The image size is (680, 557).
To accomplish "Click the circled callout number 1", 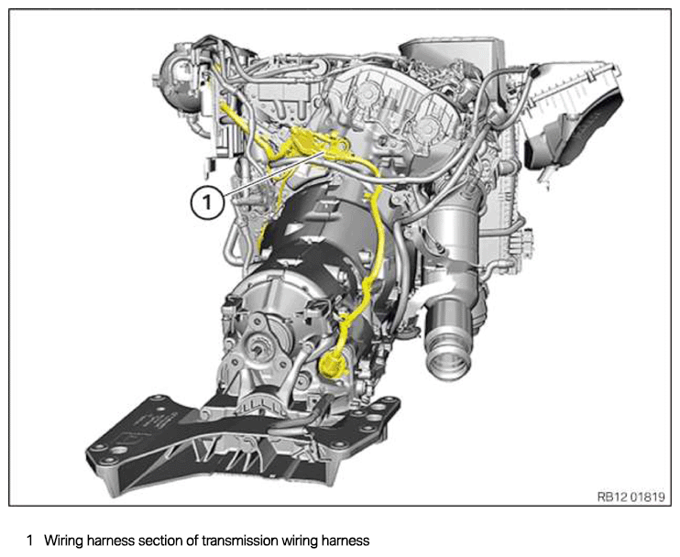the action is [x=208, y=202].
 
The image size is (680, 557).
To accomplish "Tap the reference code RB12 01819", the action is [x=631, y=497].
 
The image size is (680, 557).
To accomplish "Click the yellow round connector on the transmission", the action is [x=332, y=364].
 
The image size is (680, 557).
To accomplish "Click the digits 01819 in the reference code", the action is [x=647, y=497].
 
